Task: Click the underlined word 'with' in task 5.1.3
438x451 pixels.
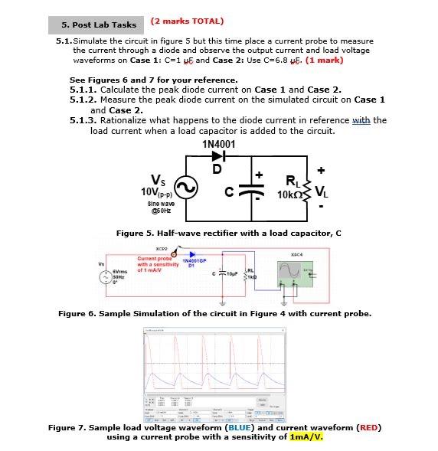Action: pos(359,120)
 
